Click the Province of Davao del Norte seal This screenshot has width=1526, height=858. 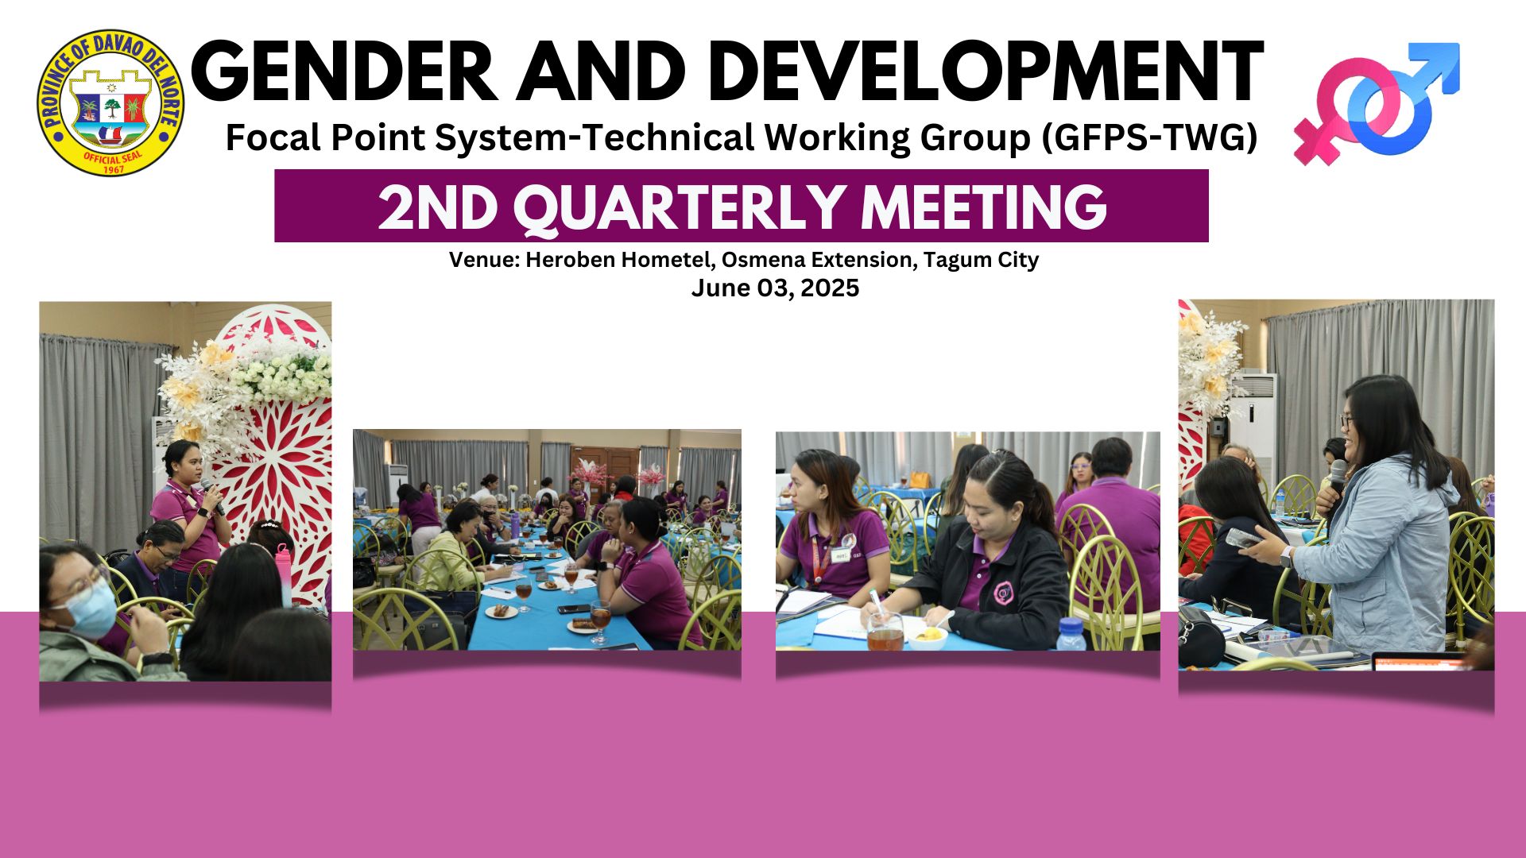110,102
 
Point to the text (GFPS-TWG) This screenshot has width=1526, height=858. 1149,138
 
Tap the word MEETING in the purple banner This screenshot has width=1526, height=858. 984,207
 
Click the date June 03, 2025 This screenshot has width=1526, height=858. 775,288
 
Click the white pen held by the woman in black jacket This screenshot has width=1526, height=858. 877,605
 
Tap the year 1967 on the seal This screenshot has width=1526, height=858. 114,169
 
